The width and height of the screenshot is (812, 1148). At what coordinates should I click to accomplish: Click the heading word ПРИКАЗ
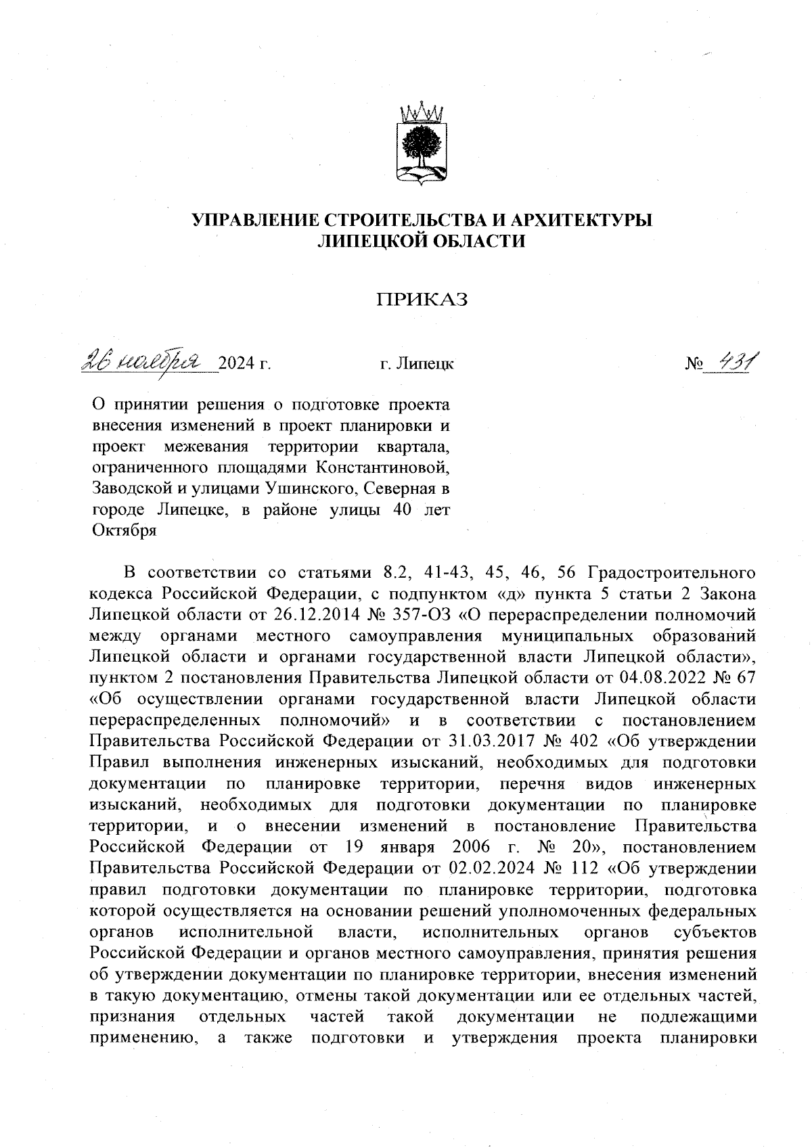click(422, 300)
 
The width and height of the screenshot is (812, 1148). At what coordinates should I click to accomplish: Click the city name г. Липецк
click(415, 365)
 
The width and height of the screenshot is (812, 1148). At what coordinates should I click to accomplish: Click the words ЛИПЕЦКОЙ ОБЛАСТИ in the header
click(422, 241)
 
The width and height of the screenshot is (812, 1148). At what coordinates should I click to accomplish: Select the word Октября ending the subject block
click(124, 530)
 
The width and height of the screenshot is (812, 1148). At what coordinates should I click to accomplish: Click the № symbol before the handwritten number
click(694, 365)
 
